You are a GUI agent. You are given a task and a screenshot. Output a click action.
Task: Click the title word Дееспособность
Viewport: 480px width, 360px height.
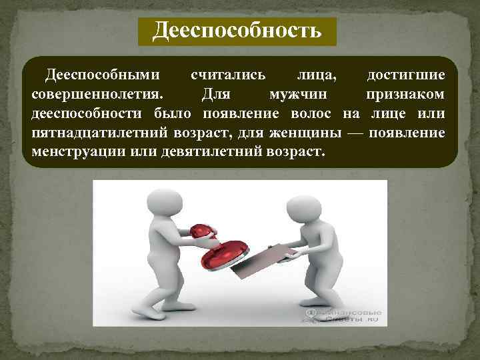coord(237,30)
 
